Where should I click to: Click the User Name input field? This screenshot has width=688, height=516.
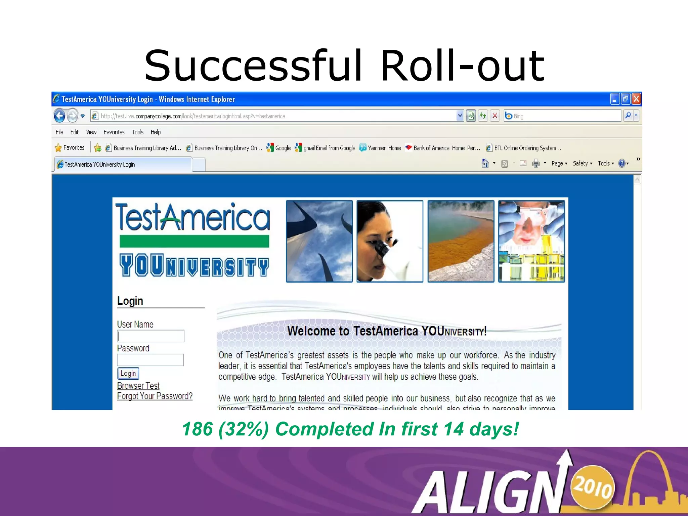click(150, 336)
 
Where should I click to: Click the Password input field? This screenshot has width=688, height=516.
click(150, 360)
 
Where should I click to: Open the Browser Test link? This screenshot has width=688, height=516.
click(138, 386)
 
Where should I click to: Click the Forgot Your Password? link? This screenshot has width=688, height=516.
click(155, 396)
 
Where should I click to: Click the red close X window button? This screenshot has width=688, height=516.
click(636, 99)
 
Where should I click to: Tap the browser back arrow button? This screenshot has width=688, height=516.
click(60, 116)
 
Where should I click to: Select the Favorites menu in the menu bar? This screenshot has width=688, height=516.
click(114, 132)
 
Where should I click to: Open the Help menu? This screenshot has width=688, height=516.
click(155, 132)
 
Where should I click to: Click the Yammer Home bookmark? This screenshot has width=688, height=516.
click(380, 148)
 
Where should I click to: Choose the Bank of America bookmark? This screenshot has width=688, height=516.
click(442, 148)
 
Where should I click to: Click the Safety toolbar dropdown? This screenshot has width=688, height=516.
click(582, 163)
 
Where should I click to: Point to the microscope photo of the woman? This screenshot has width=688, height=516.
click(390, 241)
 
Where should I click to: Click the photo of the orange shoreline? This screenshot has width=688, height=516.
click(461, 241)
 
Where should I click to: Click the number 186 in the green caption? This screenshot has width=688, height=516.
click(198, 429)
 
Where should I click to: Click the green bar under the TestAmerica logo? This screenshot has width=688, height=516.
click(194, 241)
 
